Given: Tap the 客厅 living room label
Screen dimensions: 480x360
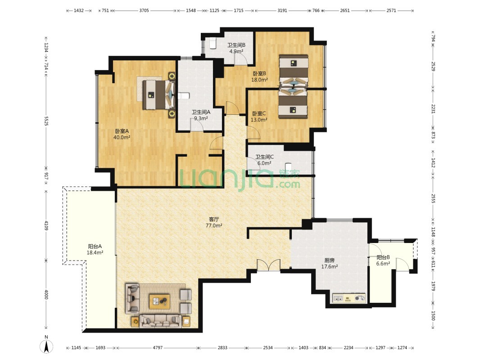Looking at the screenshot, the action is (214, 219).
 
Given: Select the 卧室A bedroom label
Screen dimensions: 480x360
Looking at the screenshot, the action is (122, 131).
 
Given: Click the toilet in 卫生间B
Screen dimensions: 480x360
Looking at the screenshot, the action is (213, 43).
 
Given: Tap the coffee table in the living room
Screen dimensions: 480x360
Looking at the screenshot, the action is (159, 301).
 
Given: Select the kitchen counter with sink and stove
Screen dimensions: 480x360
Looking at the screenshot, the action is (349, 298).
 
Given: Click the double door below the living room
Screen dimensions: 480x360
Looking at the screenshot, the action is (268, 265).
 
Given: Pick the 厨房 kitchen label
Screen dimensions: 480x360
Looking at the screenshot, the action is (330, 260).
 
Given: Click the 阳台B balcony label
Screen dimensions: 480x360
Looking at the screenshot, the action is (383, 257).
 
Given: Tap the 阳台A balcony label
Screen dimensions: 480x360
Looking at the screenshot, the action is (95, 246).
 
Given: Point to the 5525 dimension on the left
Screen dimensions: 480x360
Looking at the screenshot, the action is (46, 121).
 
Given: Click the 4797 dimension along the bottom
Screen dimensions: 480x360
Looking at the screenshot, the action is (158, 347).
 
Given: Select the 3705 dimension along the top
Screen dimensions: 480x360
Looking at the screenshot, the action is (144, 10).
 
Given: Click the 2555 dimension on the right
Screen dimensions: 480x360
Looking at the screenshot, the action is (433, 198).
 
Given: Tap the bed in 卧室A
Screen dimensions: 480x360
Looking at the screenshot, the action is (158, 94).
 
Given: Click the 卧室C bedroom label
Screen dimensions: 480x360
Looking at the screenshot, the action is (258, 113).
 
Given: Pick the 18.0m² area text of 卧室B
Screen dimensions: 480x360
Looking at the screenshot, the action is (260, 80).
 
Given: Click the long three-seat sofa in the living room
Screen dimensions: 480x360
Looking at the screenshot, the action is (160, 321).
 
